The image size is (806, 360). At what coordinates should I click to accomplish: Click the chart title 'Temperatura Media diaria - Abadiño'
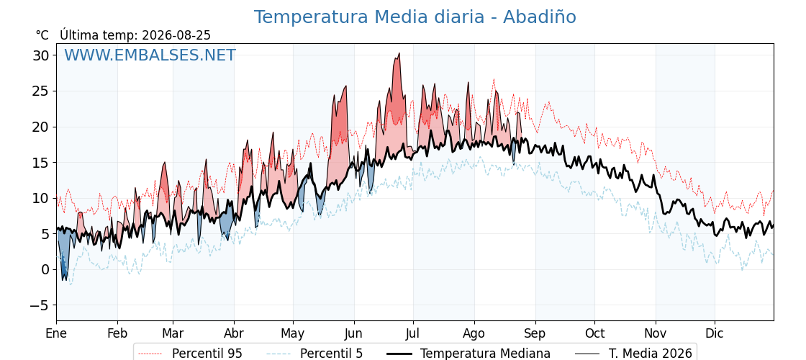415,17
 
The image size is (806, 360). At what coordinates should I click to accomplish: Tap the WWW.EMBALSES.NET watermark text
150,55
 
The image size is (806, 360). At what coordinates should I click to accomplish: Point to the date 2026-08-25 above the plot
176,35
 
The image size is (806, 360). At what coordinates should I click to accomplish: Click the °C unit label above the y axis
42,35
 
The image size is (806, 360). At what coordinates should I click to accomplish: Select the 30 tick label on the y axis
42,55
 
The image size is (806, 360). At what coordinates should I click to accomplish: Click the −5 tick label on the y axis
39,305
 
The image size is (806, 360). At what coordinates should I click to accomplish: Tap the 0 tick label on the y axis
46,269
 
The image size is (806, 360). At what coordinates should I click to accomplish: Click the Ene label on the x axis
56,333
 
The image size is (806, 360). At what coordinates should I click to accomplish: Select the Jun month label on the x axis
353,333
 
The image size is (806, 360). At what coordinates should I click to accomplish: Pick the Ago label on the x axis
474,333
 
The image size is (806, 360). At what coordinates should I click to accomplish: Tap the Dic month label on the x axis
714,333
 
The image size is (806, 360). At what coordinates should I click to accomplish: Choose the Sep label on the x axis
535,333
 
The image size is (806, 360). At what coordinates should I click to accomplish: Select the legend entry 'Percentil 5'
315,354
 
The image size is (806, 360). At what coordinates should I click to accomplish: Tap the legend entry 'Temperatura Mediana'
467,354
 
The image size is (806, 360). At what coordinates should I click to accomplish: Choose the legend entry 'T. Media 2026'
633,354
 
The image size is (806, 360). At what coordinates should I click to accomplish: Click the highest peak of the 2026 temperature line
399,53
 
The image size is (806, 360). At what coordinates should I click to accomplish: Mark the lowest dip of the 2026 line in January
63,280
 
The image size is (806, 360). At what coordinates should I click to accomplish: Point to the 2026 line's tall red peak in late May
345,86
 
